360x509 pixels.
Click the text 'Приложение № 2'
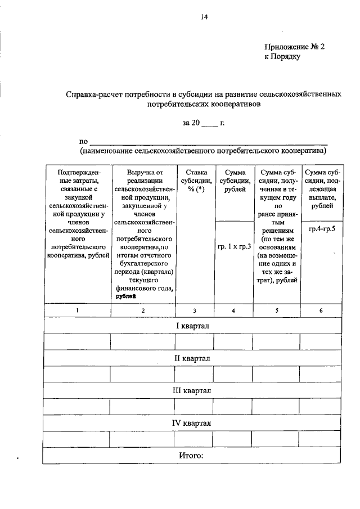point(294,48)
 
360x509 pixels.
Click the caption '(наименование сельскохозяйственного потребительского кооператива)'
point(203,151)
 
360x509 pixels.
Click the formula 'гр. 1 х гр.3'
point(233,246)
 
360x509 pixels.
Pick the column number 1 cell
point(77,310)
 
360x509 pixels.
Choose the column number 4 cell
point(233,310)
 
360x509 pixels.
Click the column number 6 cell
point(321,310)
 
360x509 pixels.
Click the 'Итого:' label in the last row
point(190,454)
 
